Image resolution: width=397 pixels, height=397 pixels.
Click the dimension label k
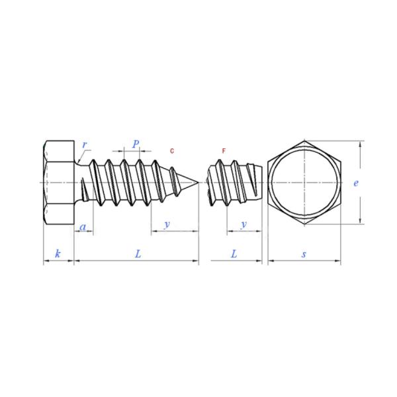pos(58,253)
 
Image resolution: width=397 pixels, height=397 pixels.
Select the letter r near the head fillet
pos(85,145)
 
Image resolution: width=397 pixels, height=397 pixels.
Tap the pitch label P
pos(136,144)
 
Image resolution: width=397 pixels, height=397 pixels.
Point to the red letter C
pos(172,151)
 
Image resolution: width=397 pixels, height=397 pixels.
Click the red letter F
pos(224,151)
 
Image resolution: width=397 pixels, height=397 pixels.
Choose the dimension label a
pos(83,227)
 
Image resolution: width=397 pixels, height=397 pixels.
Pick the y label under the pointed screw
pos(167,224)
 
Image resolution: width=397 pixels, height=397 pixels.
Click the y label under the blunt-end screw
pos(243,224)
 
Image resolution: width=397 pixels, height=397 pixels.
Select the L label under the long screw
pos(138,253)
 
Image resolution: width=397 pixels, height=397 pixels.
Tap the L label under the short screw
pos(234,253)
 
